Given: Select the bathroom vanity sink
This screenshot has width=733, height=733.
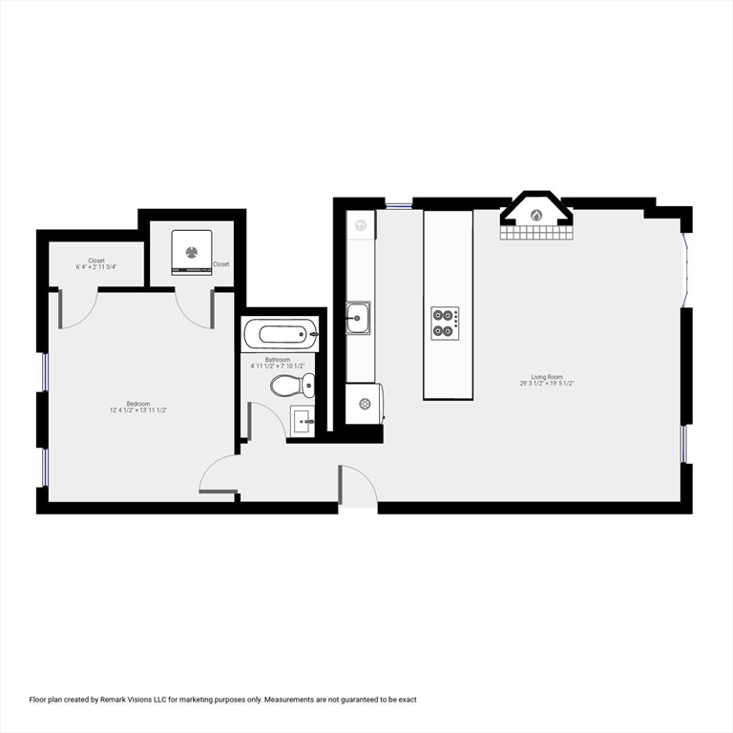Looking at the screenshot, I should (303, 420).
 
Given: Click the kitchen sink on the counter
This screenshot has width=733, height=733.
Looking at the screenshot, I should (359, 318).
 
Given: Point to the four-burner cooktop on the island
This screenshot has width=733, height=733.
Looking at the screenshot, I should (445, 322).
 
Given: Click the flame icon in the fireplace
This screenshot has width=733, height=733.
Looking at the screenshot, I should (536, 215).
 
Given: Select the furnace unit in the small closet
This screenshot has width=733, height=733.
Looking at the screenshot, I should (194, 251).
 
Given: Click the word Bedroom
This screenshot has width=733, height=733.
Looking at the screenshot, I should (138, 404).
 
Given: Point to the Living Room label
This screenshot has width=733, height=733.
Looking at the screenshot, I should (546, 377).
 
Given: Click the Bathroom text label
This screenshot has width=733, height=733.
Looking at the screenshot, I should (278, 360).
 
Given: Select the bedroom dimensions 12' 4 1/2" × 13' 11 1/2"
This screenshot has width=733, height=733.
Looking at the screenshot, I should (138, 410).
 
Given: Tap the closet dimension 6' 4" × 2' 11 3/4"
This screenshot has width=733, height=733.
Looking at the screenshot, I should (96, 267).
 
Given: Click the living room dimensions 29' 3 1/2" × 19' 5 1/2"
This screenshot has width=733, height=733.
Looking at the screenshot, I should (546, 384).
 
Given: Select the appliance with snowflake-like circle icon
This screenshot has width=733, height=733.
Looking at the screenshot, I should (364, 404).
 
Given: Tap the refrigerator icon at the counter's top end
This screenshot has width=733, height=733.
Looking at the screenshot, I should (361, 226).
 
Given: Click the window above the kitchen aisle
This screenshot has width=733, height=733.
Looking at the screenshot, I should (398, 204).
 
